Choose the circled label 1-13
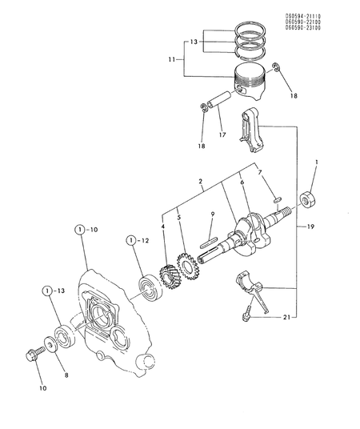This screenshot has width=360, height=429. point(50,291)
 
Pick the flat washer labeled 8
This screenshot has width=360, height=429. point(48,345)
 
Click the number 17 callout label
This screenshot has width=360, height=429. point(221,134)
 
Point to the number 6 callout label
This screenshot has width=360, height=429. point(242,182)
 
